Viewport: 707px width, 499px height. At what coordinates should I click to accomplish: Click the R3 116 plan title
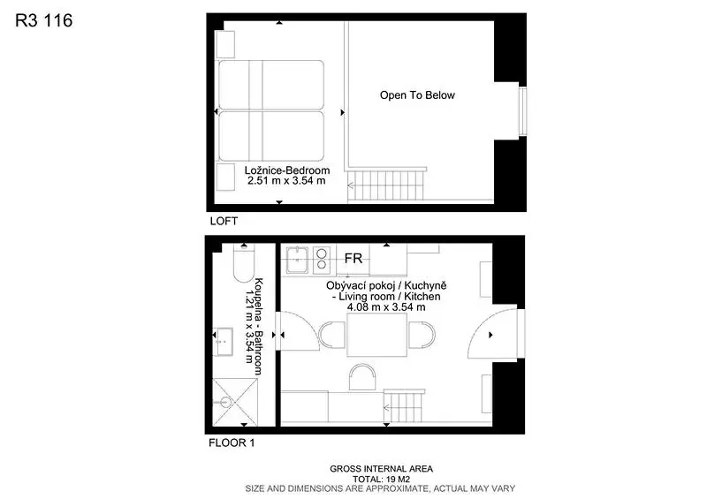pos(43,20)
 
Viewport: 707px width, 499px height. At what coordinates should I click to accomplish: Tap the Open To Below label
pos(417,95)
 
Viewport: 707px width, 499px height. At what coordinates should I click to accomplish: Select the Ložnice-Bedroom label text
pos(286,170)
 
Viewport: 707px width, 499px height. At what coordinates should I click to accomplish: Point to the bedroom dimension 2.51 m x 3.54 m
pos(286,181)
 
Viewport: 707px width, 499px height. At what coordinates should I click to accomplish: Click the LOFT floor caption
pos(224,222)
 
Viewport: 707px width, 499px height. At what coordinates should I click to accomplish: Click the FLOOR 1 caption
pos(232,443)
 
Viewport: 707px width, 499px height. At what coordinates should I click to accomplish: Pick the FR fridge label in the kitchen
pos(353,258)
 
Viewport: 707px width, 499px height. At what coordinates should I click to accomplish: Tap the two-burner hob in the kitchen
pos(322,260)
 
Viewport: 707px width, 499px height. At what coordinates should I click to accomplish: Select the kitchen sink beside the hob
pos(297,260)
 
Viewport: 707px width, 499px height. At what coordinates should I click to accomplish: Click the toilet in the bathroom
pos(244,264)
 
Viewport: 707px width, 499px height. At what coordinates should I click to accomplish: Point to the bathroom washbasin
pos(223,342)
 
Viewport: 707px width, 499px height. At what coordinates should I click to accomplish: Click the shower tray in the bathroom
pos(235,402)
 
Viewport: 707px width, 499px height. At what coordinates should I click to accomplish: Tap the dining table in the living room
pos(377,335)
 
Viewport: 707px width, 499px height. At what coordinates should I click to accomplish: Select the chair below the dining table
pos(362,377)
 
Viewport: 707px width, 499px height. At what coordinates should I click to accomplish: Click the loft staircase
pos(387,184)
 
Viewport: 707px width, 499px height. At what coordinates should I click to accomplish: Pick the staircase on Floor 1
pos(404,406)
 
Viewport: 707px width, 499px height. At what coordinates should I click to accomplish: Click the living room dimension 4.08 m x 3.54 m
pos(386,307)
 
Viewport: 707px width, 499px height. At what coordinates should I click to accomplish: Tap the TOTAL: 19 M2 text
pos(381,480)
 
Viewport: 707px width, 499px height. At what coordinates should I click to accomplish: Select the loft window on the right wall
pos(522,111)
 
